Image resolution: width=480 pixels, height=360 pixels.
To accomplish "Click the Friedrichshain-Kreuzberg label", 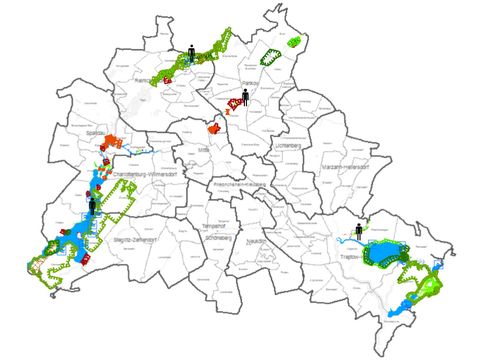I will tap(238, 185).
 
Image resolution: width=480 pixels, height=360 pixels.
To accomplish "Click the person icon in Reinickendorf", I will tap(191, 50).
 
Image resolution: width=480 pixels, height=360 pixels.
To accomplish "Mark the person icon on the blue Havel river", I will tap(92, 205).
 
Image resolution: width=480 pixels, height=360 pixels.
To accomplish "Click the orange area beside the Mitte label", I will tap(213, 128).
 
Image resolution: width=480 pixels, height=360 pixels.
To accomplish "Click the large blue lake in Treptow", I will tap(385, 253).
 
